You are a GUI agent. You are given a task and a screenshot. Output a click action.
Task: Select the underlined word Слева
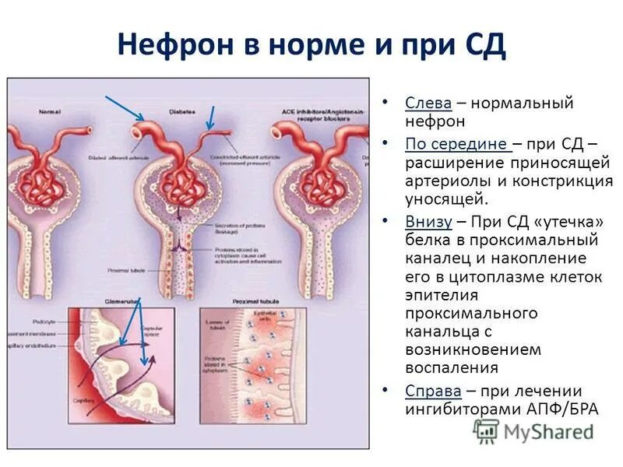pos(426,103)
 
